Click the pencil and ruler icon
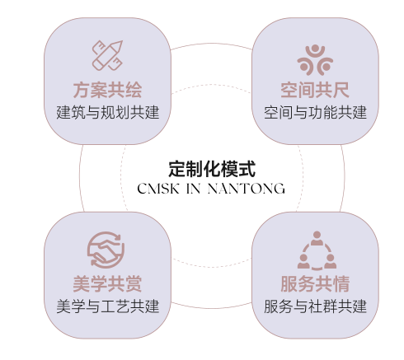pos(107,56)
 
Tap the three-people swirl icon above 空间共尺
pos(315,60)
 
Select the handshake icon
pos(106,250)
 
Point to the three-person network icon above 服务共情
pos(317,250)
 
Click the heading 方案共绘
pos(107,90)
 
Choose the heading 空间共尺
pos(315,90)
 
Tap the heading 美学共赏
pos(107,283)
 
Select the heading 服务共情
pos(315,283)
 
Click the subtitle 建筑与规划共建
pos(108,112)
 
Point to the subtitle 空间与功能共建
pos(315,112)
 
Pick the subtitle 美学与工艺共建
pos(108,306)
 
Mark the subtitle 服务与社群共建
pos(315,306)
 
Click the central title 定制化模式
pos(212,169)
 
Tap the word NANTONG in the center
pos(247,189)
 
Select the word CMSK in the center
pos(158,189)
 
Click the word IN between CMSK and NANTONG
pos(194,189)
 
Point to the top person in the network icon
pos(317,238)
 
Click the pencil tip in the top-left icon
pos(120,43)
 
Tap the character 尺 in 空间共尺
pos(341,90)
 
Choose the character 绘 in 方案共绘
pos(134,90)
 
